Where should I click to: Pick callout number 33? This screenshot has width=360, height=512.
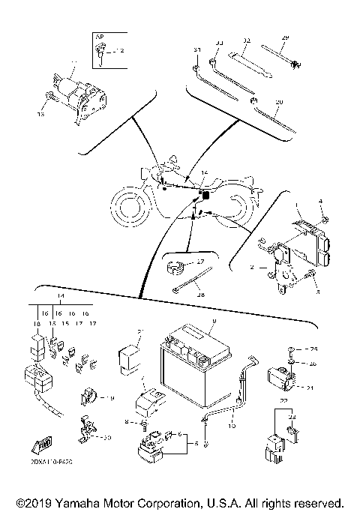point(220,43)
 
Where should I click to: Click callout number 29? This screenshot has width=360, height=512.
point(284,37)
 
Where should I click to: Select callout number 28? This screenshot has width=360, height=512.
point(200,295)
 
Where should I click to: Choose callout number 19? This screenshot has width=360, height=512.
point(109,398)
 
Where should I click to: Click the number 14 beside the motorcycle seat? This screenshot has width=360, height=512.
point(204,173)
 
